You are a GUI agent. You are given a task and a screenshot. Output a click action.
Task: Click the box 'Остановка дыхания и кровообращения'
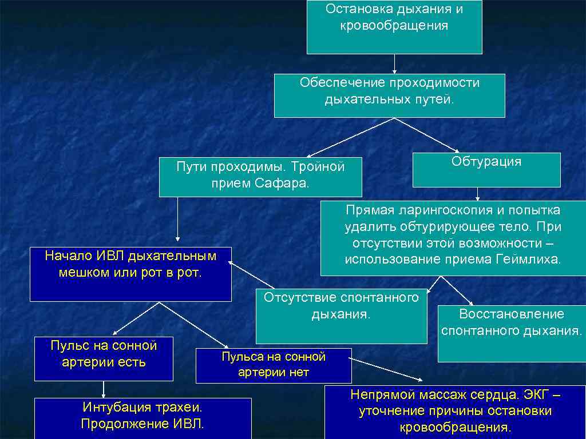click(394, 27)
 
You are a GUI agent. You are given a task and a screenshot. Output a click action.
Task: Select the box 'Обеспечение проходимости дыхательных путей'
click(389, 95)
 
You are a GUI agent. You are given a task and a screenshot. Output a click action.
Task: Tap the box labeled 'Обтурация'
click(486, 170)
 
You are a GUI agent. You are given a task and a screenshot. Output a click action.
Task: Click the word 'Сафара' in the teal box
click(283, 183)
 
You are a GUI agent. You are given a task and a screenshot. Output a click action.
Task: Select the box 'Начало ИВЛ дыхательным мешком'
click(130, 274)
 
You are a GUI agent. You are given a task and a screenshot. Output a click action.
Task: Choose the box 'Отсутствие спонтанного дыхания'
click(341, 316)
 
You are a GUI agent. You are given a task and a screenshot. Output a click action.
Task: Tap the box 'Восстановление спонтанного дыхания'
click(512, 334)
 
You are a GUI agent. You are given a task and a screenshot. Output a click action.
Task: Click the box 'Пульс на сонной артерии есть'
click(104, 359)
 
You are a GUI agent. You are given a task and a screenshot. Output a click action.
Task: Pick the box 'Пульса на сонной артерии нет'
click(274, 365)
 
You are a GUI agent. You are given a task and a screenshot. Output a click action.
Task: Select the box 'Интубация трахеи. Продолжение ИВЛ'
click(143, 418)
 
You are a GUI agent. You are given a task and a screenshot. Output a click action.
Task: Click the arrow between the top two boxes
click(394, 63)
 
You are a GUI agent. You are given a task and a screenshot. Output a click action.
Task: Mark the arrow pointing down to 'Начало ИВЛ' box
click(177, 220)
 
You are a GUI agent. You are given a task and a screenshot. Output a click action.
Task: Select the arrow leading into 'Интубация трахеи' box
click(104, 389)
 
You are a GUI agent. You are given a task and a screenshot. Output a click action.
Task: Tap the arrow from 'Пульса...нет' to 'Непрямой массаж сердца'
click(386, 371)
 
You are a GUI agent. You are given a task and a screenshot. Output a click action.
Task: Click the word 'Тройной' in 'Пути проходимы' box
click(318, 167)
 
